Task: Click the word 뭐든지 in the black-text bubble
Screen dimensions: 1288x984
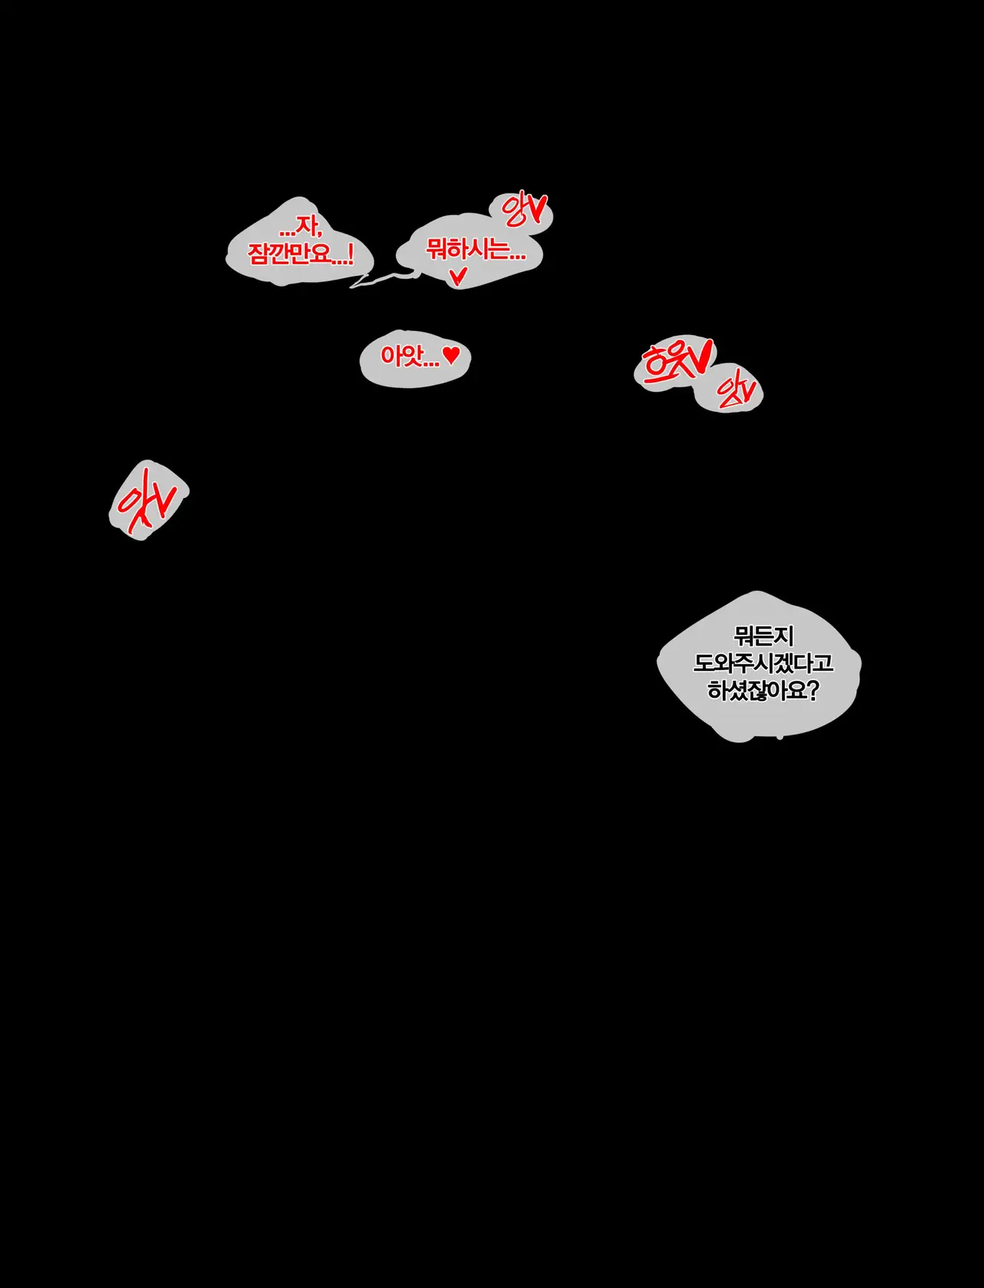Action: tap(763, 636)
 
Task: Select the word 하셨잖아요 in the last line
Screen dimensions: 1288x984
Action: tap(756, 690)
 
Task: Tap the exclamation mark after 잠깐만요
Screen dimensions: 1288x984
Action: tap(351, 254)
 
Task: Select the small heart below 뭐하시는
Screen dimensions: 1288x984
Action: tap(458, 275)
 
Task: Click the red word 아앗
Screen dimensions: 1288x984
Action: tap(400, 356)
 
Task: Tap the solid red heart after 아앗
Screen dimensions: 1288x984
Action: tap(452, 354)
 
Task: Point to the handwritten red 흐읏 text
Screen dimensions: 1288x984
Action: tap(667, 363)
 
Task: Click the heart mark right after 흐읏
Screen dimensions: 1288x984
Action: tap(701, 355)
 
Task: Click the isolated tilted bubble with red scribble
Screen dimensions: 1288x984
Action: tap(148, 500)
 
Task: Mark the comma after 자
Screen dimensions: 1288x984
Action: tap(319, 232)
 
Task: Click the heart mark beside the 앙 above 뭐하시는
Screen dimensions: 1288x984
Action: tap(537, 207)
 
